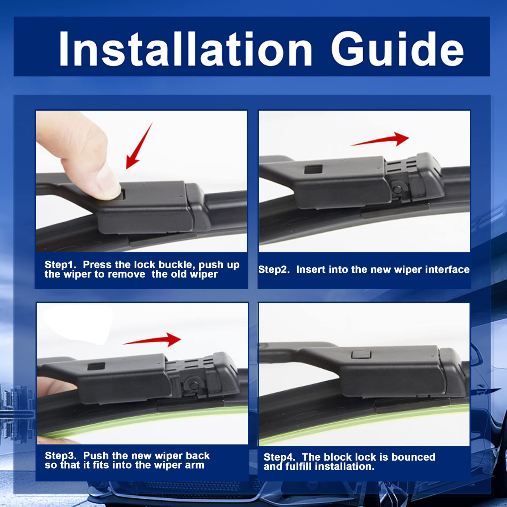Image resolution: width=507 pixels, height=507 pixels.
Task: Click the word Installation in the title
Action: (x=185, y=49)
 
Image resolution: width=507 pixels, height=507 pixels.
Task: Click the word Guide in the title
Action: (x=397, y=49)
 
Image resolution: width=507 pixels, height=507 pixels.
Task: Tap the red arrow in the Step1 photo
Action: (x=139, y=146)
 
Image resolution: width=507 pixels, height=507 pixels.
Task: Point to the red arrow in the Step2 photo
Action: (x=380, y=140)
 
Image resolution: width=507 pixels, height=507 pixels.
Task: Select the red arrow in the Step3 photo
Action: (x=152, y=340)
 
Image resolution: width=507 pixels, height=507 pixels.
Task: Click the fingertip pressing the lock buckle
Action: (x=109, y=186)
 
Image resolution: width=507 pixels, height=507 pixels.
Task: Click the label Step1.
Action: (x=60, y=265)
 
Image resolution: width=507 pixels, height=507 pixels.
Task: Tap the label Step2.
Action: (x=274, y=269)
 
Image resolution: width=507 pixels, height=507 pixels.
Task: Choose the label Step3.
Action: (x=60, y=456)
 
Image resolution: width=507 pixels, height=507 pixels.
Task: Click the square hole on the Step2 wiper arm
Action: (x=313, y=169)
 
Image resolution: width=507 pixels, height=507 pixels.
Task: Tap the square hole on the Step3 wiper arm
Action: (x=96, y=366)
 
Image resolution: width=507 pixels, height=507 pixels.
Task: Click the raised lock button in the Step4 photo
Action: (x=361, y=355)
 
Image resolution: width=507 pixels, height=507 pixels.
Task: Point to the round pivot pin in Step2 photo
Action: (x=397, y=189)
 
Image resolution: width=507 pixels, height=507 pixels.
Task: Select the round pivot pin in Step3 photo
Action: (x=194, y=385)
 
